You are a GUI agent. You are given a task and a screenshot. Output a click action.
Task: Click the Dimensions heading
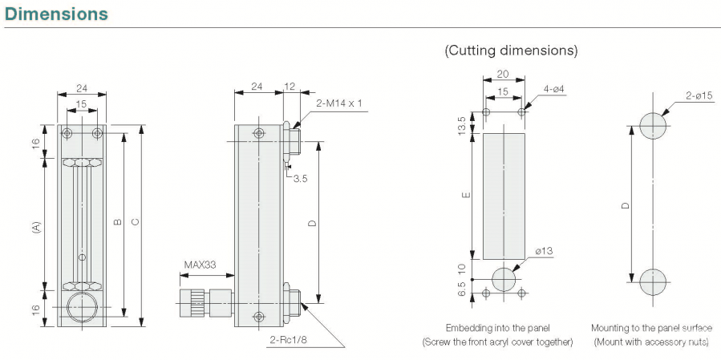coord(56,14)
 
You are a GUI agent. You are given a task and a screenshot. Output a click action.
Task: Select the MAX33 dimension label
coord(200,264)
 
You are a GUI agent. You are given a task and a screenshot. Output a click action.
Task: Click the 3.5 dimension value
coord(300,178)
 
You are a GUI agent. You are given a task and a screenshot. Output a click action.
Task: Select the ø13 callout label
coord(543,252)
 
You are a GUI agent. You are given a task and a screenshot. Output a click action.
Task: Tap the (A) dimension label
coord(36,227)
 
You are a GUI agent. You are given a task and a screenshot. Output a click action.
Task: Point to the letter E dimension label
coord(468,193)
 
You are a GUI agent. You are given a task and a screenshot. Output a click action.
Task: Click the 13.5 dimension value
coord(460,125)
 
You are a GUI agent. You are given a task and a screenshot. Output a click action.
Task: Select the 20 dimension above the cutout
coord(502,73)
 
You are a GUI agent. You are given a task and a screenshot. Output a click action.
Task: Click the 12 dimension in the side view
coord(290,86)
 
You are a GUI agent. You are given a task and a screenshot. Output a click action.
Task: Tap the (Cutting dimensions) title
coord(511,50)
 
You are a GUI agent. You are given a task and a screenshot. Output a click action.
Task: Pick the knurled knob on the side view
coord(195,303)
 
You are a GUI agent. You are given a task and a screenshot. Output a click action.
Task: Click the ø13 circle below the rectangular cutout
coord(504,279)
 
